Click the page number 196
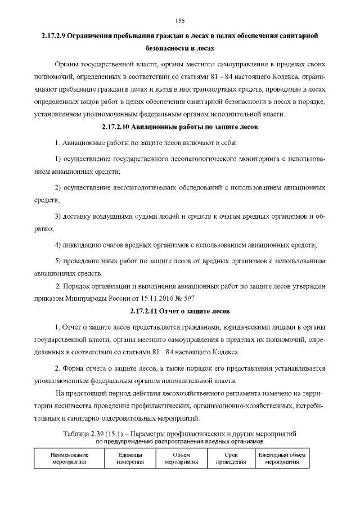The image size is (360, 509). coord(180,21)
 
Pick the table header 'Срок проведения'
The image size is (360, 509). coord(231,457)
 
